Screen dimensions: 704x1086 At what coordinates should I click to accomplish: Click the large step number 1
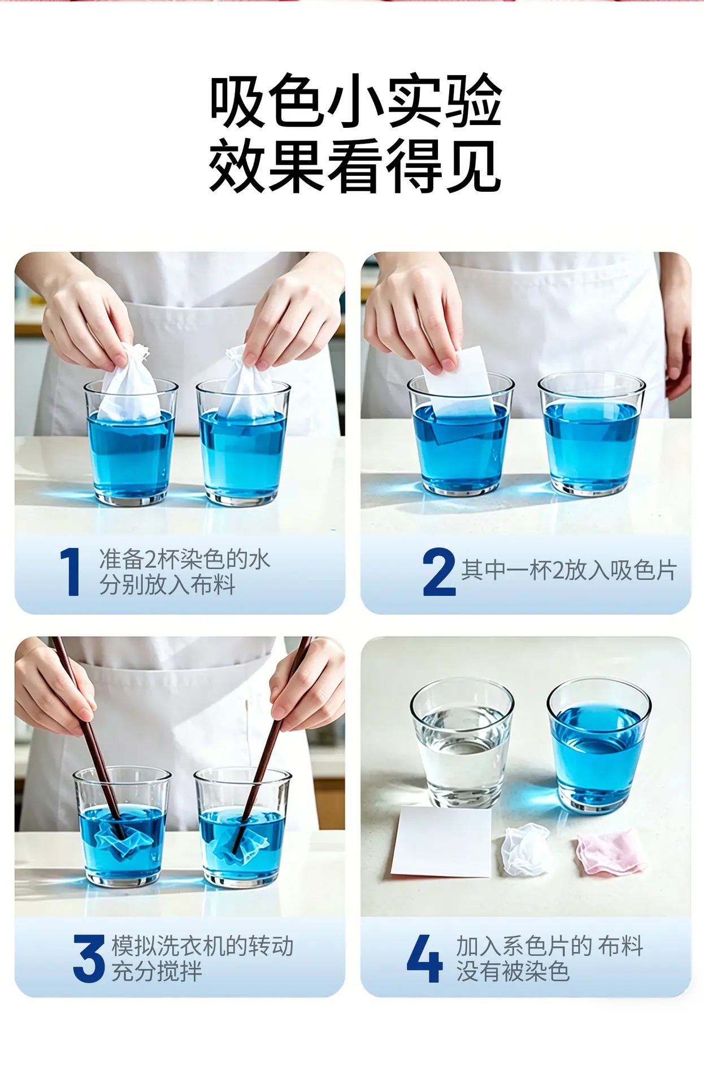(70, 571)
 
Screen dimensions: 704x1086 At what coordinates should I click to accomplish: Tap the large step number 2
(439, 571)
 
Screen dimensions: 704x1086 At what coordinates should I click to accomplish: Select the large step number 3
(89, 958)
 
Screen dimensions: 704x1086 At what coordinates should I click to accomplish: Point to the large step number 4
(424, 958)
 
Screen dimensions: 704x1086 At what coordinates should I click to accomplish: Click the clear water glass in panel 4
(462, 743)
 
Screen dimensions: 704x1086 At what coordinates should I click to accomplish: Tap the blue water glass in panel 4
(598, 745)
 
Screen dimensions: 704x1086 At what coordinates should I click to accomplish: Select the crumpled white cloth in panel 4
(525, 848)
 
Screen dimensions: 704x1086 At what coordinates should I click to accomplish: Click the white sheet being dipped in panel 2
(459, 390)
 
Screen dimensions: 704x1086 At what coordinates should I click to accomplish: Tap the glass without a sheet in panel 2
(591, 433)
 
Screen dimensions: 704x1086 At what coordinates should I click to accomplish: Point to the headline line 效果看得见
(355, 166)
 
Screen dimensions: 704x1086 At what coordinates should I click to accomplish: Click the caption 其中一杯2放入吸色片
(569, 570)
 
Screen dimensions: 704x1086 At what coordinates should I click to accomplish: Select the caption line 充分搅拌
(157, 972)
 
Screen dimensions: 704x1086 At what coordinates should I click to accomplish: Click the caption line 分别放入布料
(167, 584)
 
